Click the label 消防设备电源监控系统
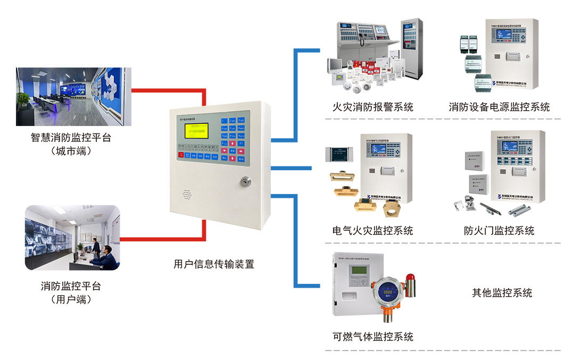tap(499, 107)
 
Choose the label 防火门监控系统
tap(499, 230)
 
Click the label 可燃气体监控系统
tap(372, 337)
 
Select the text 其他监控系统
tap(502, 292)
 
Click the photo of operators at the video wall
tap(72, 238)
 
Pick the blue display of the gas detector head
tap(388, 292)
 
